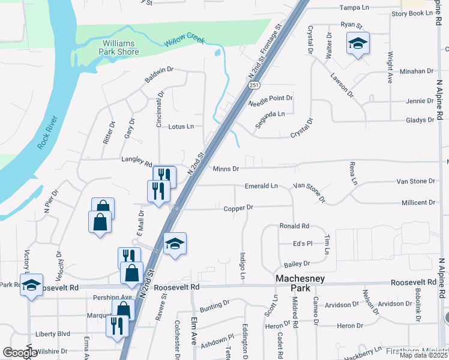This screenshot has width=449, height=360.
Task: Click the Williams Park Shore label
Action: click(120, 47)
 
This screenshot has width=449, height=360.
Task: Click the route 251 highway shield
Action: click(255, 86)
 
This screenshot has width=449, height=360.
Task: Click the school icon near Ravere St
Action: click(175, 244)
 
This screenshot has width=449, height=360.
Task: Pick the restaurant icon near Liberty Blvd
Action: click(117, 326)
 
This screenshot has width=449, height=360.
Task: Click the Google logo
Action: click(20, 353)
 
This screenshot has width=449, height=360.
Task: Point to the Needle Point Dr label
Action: click(270, 98)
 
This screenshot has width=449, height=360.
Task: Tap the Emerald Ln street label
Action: click(261, 186)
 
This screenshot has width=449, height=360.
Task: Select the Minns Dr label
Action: click(226, 169)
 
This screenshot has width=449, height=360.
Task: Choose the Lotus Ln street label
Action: click(181, 127)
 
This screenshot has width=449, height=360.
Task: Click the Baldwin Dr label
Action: click(158, 75)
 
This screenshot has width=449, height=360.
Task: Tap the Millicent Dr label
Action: click(414, 203)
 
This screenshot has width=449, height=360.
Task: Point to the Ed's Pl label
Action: click(303, 244)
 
